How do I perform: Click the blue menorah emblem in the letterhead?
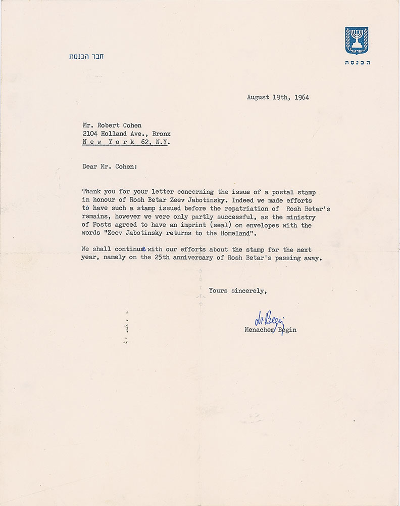click(357, 41)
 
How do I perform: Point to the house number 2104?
click(90, 134)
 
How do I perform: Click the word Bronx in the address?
click(160, 134)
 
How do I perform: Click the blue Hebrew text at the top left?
click(86, 56)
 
